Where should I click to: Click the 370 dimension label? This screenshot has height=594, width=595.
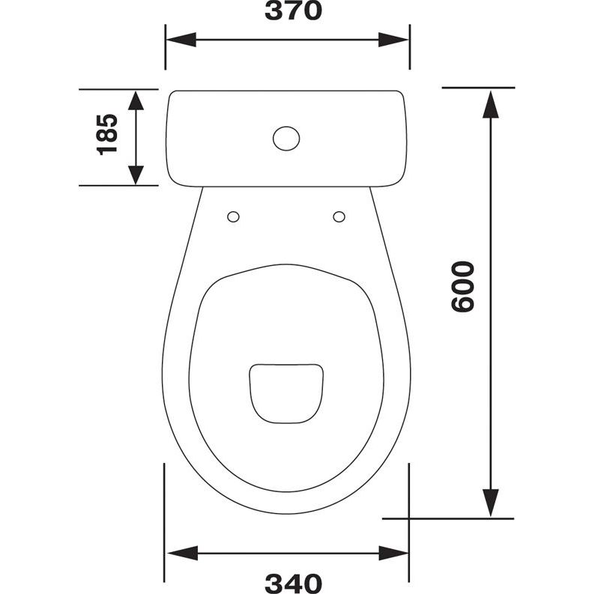click(x=293, y=11)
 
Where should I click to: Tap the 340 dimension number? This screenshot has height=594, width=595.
click(x=293, y=584)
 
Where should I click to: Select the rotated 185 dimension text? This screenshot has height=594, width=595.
click(x=108, y=134)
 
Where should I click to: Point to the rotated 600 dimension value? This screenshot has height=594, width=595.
click(x=463, y=286)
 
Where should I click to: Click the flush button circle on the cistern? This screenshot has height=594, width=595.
click(x=286, y=139)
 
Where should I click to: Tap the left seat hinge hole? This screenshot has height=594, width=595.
click(x=233, y=217)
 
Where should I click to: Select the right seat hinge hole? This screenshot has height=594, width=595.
click(x=339, y=217)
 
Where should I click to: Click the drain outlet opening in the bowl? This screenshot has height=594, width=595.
click(x=286, y=393)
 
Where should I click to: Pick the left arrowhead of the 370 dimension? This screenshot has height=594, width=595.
click(x=181, y=40)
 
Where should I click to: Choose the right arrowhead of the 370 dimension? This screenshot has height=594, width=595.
click(x=393, y=40)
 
